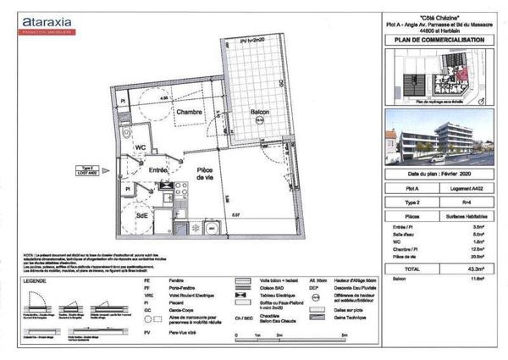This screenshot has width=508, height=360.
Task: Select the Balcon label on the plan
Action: [x=260, y=112]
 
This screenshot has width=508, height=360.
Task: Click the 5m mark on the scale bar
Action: [x=342, y=336]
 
